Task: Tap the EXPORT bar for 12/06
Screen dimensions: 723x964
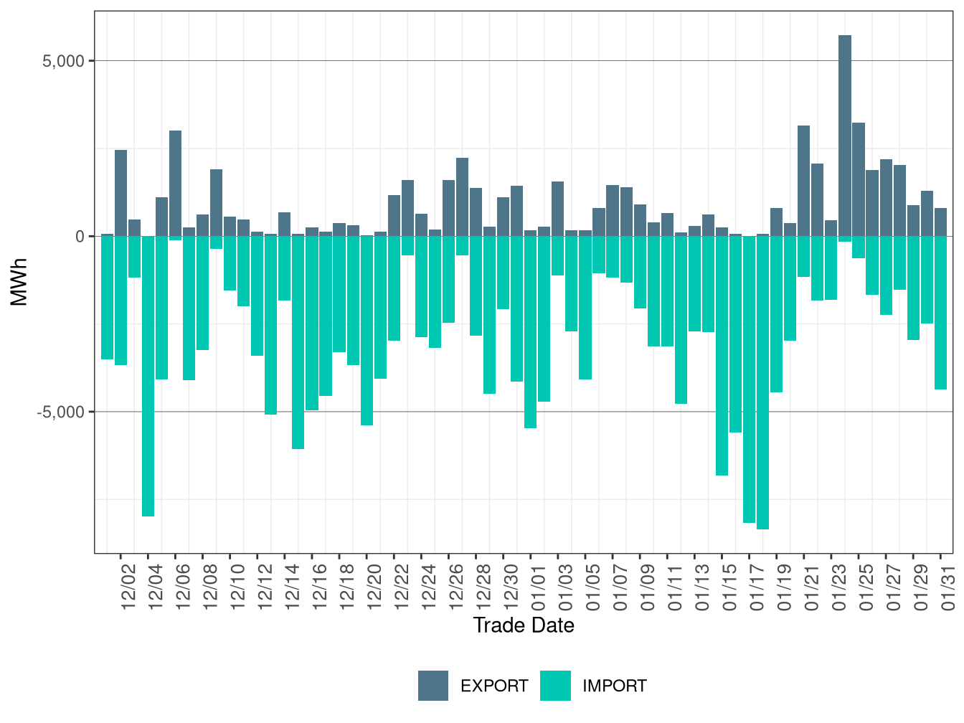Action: click(175, 183)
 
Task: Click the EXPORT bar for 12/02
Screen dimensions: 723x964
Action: click(120, 193)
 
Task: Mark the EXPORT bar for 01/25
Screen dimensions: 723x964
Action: click(858, 179)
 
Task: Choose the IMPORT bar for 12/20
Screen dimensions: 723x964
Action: click(367, 331)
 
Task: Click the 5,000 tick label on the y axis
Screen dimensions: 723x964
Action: click(64, 61)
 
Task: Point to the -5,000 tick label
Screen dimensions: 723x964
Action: click(62, 412)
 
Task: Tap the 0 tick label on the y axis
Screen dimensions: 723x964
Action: click(80, 237)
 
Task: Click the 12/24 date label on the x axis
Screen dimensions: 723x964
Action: click(428, 587)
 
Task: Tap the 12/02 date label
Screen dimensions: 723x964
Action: click(128, 587)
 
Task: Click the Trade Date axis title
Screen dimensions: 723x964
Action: click(524, 625)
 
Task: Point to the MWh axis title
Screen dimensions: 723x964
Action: click(19, 282)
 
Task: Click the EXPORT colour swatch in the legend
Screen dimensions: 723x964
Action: click(433, 686)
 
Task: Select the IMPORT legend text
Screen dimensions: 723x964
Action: click(614, 686)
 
